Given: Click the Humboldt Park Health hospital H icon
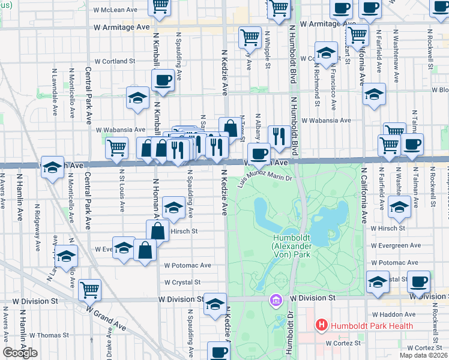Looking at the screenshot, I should [x=322, y=326].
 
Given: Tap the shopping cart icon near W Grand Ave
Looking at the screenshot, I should [x=89, y=290].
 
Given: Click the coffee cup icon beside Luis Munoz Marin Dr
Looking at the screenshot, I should [x=259, y=154].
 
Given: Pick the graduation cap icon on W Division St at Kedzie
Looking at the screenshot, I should [x=215, y=304].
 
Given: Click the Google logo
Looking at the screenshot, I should [x=20, y=353].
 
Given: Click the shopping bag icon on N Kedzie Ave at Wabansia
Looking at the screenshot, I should [x=230, y=128].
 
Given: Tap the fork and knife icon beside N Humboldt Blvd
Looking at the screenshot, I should [x=277, y=137].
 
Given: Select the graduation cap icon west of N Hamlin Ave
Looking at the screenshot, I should [x=52, y=168].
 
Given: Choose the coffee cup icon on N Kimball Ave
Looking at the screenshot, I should [x=163, y=80].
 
